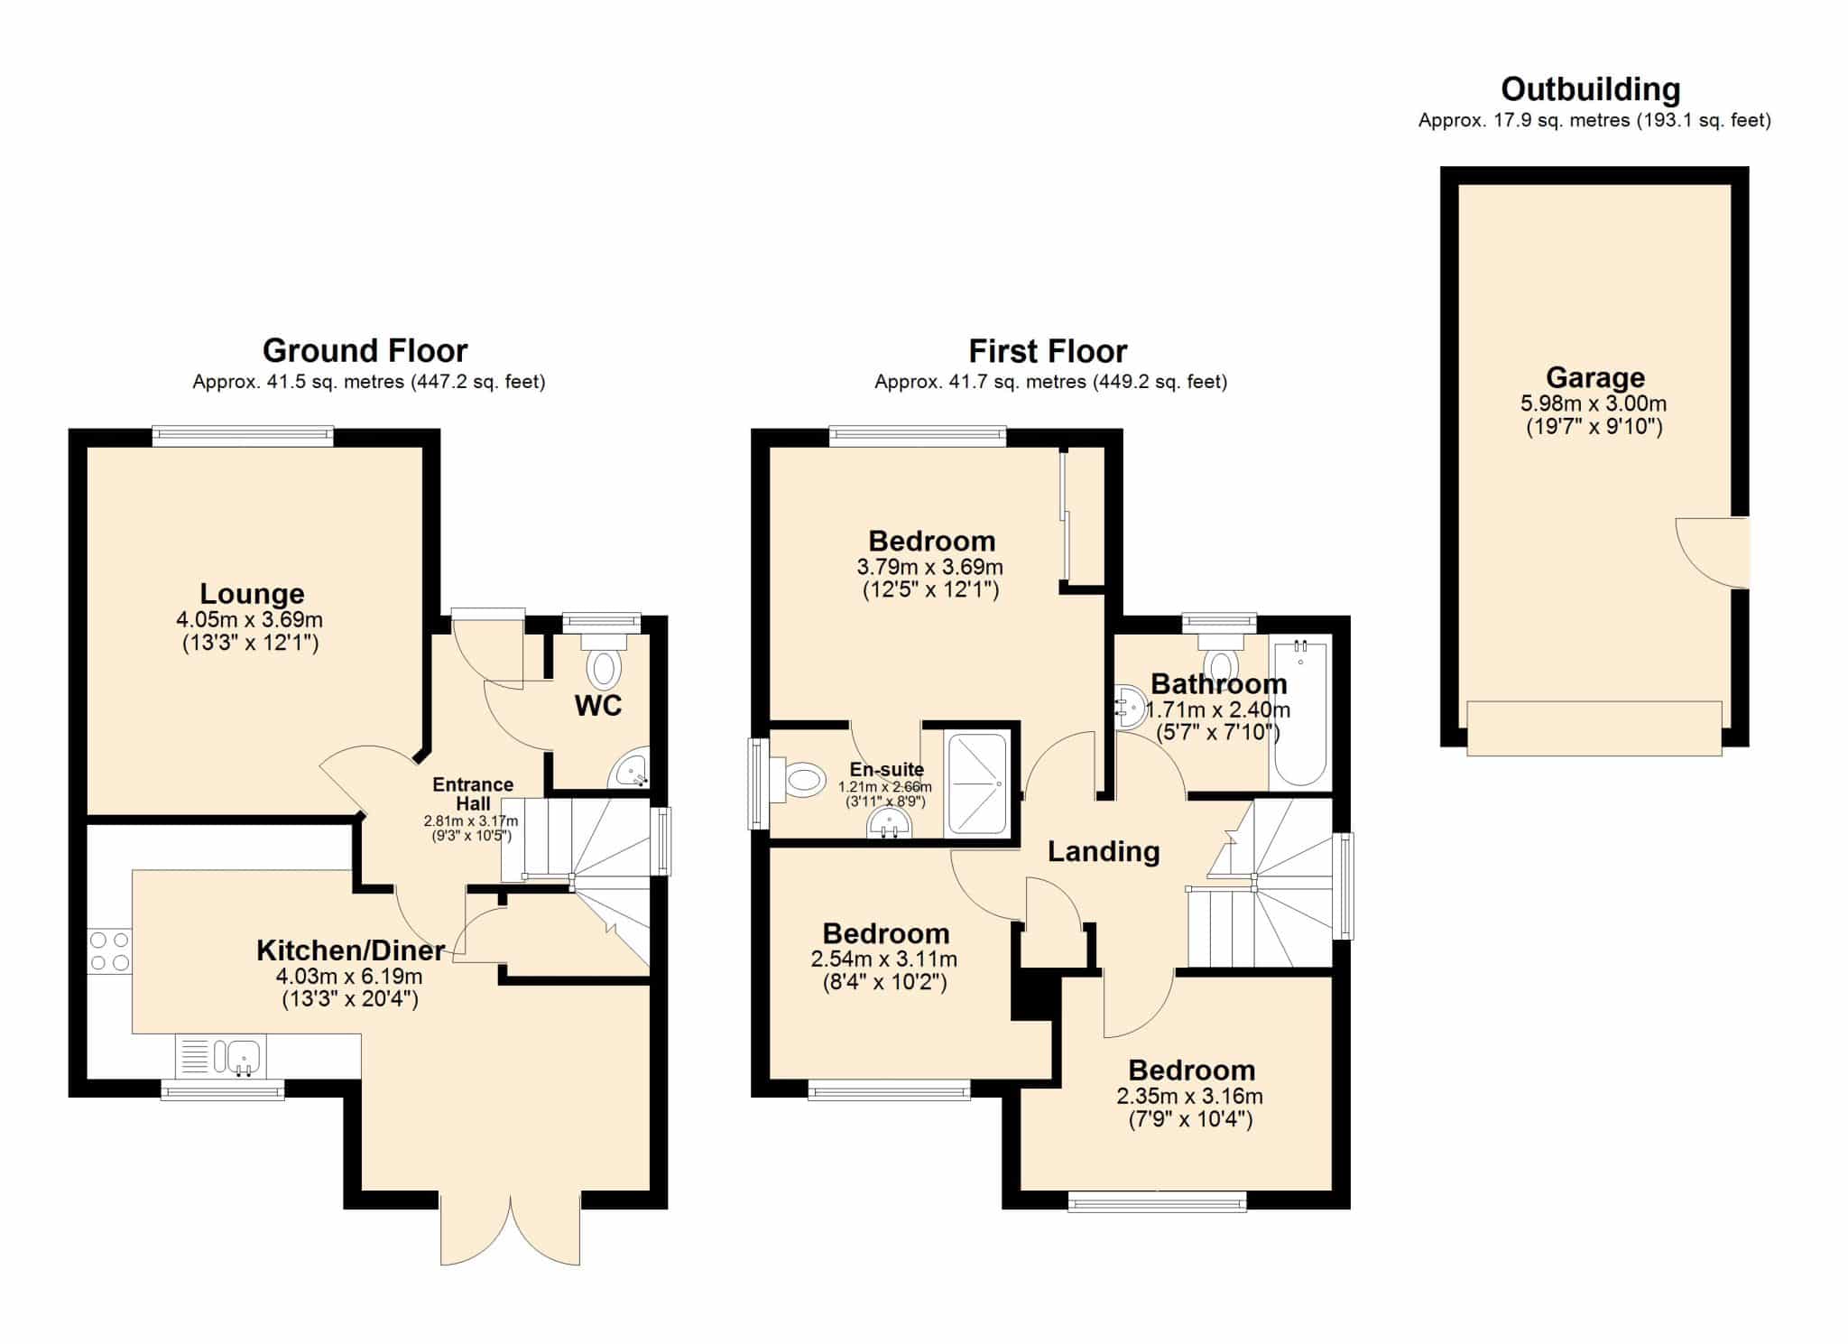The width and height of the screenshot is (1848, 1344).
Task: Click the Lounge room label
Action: [252, 594]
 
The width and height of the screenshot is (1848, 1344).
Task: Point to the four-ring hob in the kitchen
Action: [110, 951]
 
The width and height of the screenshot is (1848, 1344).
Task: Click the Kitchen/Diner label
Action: [351, 950]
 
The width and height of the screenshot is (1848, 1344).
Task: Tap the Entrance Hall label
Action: [473, 794]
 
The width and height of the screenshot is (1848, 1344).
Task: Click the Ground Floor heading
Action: [365, 350]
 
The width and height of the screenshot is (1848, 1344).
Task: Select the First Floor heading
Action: [1048, 351]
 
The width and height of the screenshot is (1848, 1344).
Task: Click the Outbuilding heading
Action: [1591, 89]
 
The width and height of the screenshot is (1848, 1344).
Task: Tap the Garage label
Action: [1595, 377]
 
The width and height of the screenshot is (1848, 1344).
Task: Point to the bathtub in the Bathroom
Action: [1299, 713]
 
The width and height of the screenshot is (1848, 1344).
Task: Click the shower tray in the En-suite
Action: [976, 783]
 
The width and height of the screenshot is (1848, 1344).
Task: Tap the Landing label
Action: [1104, 851]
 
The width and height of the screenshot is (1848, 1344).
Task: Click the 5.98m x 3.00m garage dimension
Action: [1594, 403]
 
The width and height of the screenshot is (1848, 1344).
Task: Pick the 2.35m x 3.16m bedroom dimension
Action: [1190, 1097]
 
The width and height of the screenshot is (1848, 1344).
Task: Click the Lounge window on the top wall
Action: [243, 437]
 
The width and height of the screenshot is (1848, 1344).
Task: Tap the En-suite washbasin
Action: [890, 823]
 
